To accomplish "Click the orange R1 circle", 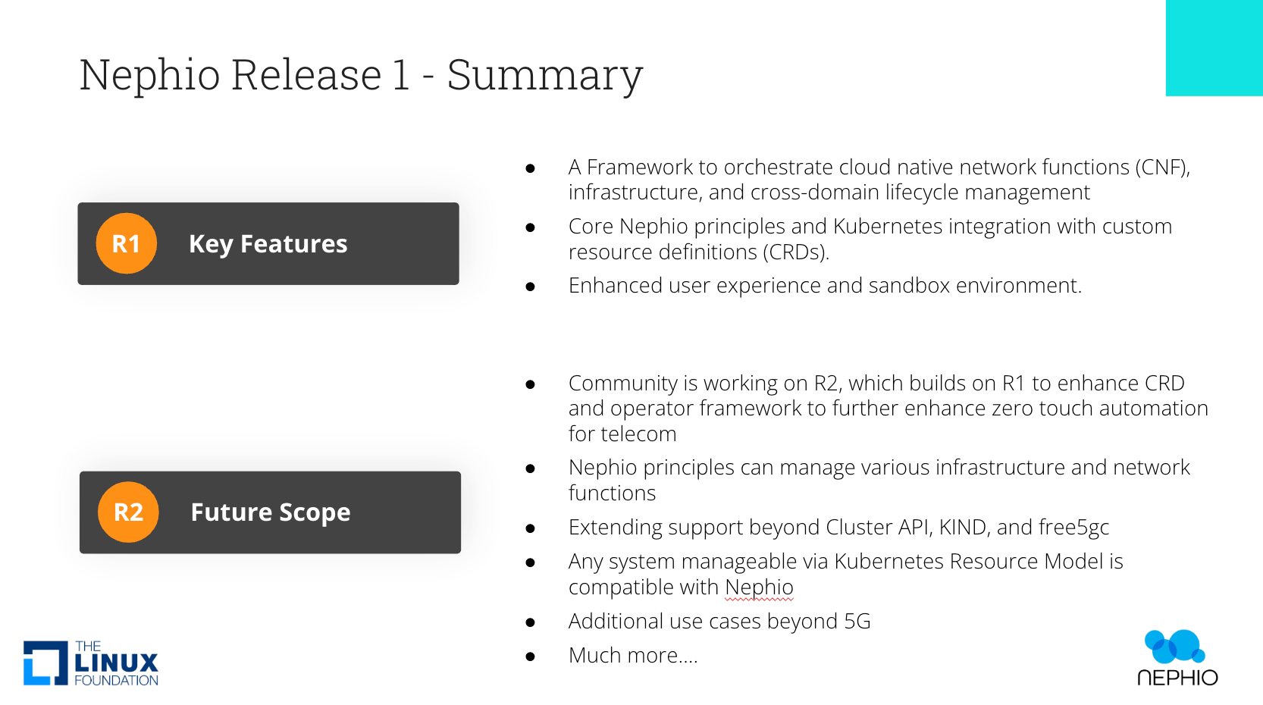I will pos(126,243).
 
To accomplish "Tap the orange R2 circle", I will pos(128,512).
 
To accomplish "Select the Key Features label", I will pos(268,244).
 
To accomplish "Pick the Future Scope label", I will pos(270,512).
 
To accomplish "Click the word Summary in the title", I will pos(544,75).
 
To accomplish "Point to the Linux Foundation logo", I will pos(91,663).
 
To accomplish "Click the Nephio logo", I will pos(1177,657).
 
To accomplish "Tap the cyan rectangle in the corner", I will pos(1214,48).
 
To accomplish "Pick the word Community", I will pos(622,384).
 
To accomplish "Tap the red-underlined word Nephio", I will pos(759,587).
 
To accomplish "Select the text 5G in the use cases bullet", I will pos(857,622).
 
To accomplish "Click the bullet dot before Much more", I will pos(531,656).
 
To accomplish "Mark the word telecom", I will pos(644,434).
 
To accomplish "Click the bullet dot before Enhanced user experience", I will pos(531,287).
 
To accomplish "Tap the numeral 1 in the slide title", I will pos(401,75).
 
